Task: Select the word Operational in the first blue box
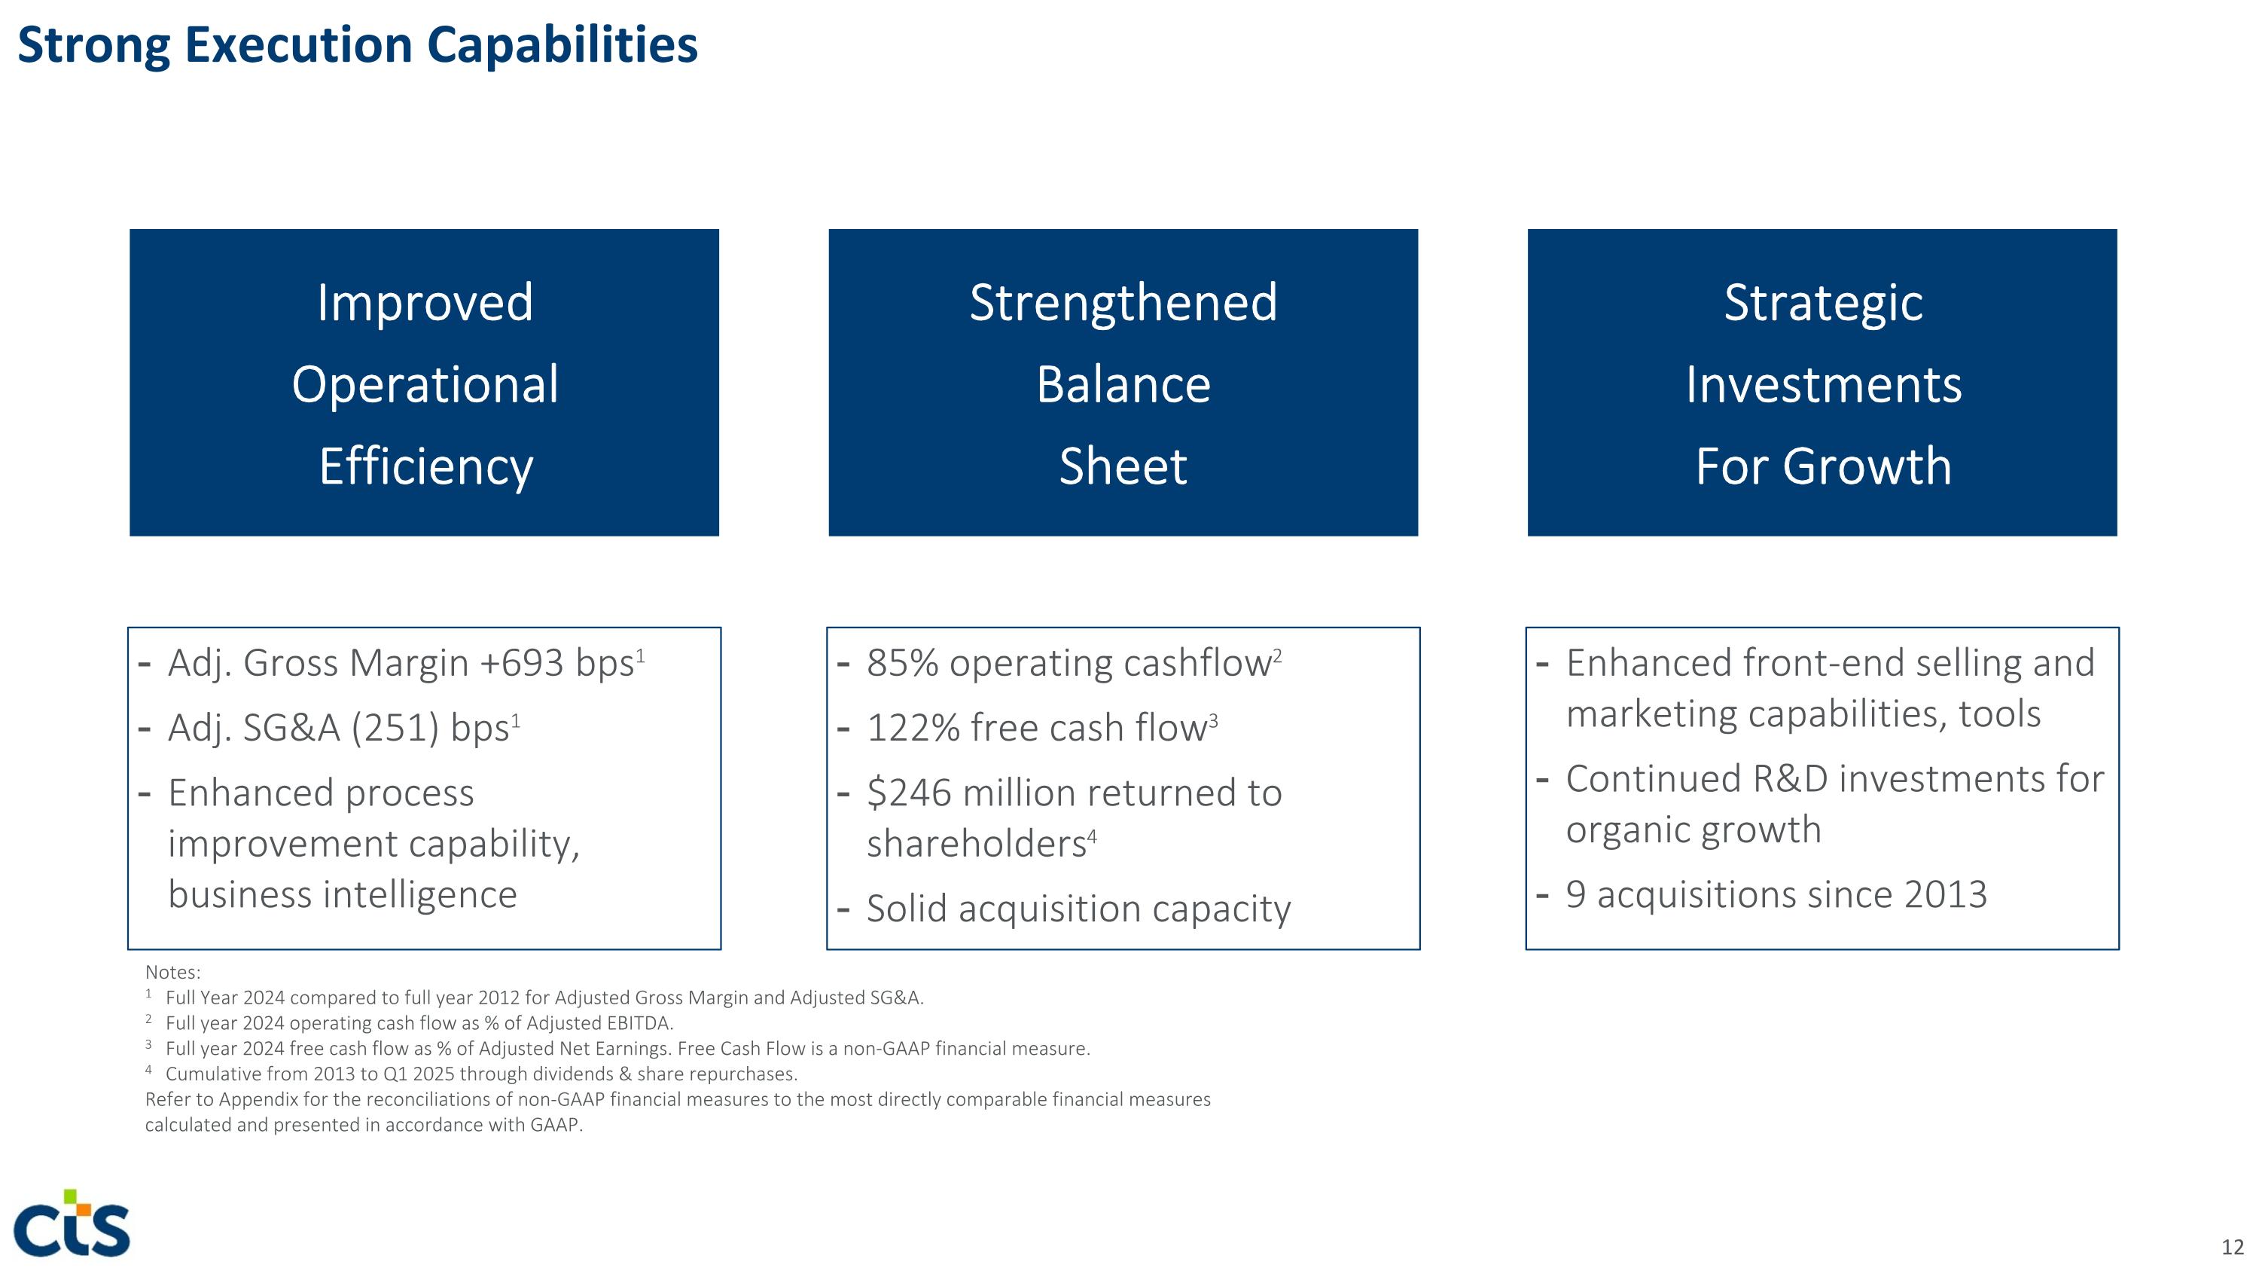tap(425, 384)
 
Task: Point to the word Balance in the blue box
tap(1123, 384)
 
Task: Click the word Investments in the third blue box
tap(1822, 384)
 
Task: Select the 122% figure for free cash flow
tap(912, 728)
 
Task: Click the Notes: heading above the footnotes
tap(172, 972)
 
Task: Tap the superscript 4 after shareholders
tap(1092, 836)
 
